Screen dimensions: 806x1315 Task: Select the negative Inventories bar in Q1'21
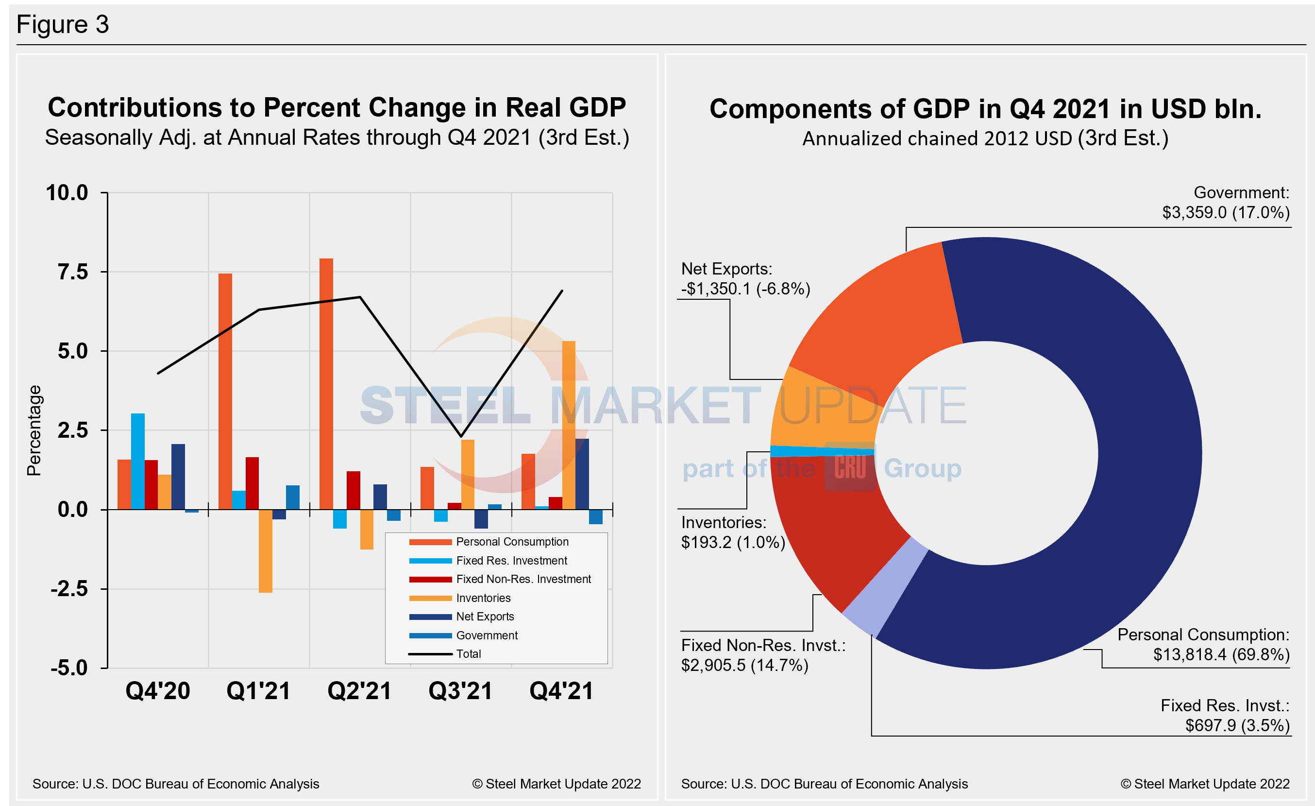(x=265, y=550)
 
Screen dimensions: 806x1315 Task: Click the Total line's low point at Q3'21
(x=461, y=436)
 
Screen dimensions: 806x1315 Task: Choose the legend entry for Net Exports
(x=484, y=617)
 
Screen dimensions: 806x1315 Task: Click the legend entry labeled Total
(x=468, y=654)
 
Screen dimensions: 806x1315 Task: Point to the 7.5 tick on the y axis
(x=73, y=272)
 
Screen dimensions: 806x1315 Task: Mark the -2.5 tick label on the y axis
(x=69, y=589)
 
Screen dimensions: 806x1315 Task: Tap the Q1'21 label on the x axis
(x=258, y=691)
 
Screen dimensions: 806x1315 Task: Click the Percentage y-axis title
(x=34, y=430)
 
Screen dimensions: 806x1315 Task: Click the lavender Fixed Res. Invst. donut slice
(x=886, y=587)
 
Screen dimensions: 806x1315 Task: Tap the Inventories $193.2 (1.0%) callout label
(x=732, y=532)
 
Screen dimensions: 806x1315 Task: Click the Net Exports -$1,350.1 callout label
(x=745, y=279)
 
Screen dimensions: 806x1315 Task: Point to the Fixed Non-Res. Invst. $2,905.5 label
(x=762, y=655)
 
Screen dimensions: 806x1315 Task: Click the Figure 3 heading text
(x=63, y=24)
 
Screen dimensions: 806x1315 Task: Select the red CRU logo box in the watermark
(x=850, y=466)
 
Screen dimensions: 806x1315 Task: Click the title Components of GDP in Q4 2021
(x=985, y=109)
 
